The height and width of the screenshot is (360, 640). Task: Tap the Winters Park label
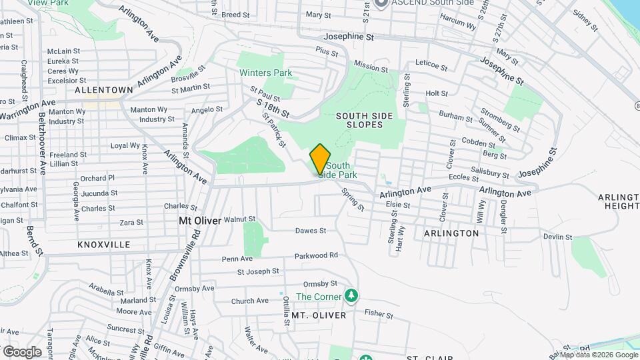266,72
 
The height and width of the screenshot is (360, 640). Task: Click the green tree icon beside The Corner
352,295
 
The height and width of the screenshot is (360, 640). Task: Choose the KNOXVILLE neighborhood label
104,245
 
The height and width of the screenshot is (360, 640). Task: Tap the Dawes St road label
311,231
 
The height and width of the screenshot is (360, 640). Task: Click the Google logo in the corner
22,351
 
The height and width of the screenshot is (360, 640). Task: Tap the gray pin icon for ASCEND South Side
381,3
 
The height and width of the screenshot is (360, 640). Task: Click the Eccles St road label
459,177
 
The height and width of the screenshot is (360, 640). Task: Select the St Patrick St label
274,129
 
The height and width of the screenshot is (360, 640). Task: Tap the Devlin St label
557,237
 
